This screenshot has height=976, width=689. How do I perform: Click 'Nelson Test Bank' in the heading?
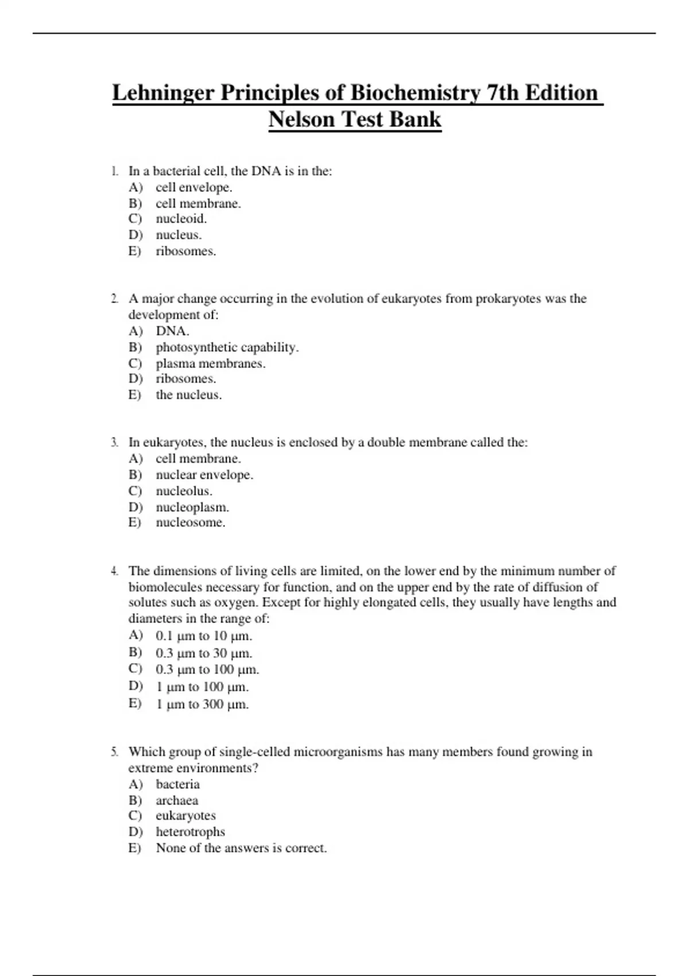tap(355, 119)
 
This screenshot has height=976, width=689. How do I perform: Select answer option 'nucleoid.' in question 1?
tap(181, 219)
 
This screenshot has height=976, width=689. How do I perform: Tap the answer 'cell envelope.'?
tap(193, 187)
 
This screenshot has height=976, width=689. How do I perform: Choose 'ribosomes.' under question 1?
tap(185, 251)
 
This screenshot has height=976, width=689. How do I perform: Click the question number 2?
tap(115, 299)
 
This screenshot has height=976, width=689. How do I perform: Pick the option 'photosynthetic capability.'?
tap(227, 347)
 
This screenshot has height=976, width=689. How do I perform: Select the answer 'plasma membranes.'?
tap(210, 363)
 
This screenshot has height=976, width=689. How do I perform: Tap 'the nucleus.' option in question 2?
tap(188, 395)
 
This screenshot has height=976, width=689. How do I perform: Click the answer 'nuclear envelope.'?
tap(204, 475)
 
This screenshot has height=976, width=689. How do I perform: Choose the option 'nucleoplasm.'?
tap(192, 508)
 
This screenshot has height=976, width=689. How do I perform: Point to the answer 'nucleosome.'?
tap(190, 522)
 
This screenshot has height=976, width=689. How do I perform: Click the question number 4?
tap(115, 571)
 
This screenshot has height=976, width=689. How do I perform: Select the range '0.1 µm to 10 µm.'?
tap(203, 636)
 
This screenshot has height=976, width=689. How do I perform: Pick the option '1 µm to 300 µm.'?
tap(202, 704)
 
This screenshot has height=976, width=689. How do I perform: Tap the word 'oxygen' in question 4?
tap(235, 603)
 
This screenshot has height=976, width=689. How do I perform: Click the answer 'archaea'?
tap(177, 800)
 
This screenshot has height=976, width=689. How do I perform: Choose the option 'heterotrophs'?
tap(190, 832)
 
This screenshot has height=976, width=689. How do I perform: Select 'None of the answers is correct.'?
tap(241, 848)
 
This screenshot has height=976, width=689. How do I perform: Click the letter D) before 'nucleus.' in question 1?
tap(135, 235)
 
